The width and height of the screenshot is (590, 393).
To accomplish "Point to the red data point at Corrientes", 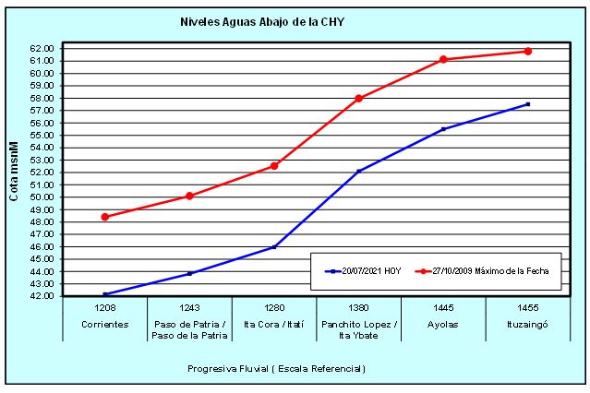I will click(105, 217).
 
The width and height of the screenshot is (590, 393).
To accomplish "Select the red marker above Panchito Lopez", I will click(358, 99).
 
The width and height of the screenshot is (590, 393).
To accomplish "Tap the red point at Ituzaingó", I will click(527, 52).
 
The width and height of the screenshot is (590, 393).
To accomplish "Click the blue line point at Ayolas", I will click(443, 129).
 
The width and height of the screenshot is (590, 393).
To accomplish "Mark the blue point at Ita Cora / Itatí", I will click(274, 247).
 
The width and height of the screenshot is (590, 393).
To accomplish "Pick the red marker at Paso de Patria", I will click(189, 196).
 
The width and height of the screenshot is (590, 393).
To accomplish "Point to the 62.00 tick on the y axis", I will click(42, 48).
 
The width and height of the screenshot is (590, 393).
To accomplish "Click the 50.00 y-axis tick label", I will click(42, 196).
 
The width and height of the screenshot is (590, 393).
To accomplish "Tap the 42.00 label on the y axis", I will click(42, 296).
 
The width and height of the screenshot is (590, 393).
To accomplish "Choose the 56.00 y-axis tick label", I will click(42, 123).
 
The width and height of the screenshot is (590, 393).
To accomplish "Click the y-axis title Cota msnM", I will click(16, 174).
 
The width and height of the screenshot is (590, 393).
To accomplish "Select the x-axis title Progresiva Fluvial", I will click(276, 369).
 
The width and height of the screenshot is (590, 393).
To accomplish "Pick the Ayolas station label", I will click(443, 324).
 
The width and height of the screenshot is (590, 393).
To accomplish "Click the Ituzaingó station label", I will click(527, 324).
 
